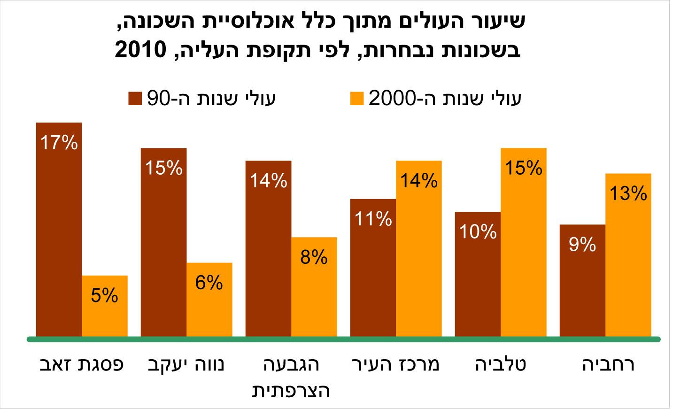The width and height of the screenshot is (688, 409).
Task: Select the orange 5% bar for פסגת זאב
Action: point(105,306)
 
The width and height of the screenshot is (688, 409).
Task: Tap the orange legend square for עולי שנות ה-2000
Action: point(357,99)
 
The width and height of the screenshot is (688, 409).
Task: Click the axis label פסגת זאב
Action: point(81,365)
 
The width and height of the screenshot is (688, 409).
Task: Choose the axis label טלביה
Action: point(501,365)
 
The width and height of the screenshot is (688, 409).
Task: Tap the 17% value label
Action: point(58,142)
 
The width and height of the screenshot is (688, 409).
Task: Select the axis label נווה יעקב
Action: point(186,365)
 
